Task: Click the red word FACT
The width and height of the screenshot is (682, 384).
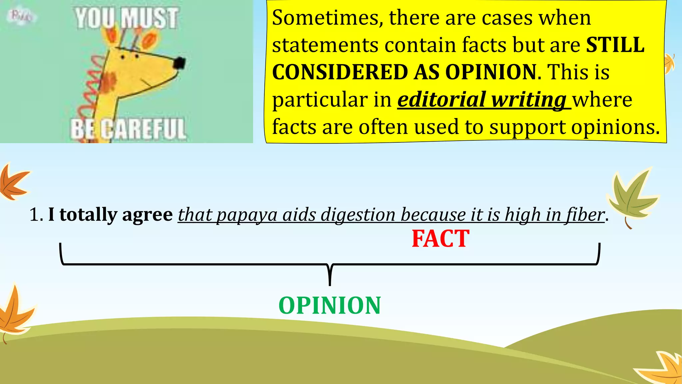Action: tap(440, 239)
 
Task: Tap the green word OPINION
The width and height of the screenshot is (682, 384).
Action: tap(330, 305)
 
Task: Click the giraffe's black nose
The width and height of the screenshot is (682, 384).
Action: tap(179, 63)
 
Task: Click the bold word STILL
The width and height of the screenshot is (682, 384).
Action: tap(615, 45)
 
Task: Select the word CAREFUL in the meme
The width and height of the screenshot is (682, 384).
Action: tap(143, 129)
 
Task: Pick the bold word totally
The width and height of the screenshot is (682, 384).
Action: tap(88, 214)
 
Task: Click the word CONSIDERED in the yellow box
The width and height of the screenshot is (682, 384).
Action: tap(340, 72)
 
